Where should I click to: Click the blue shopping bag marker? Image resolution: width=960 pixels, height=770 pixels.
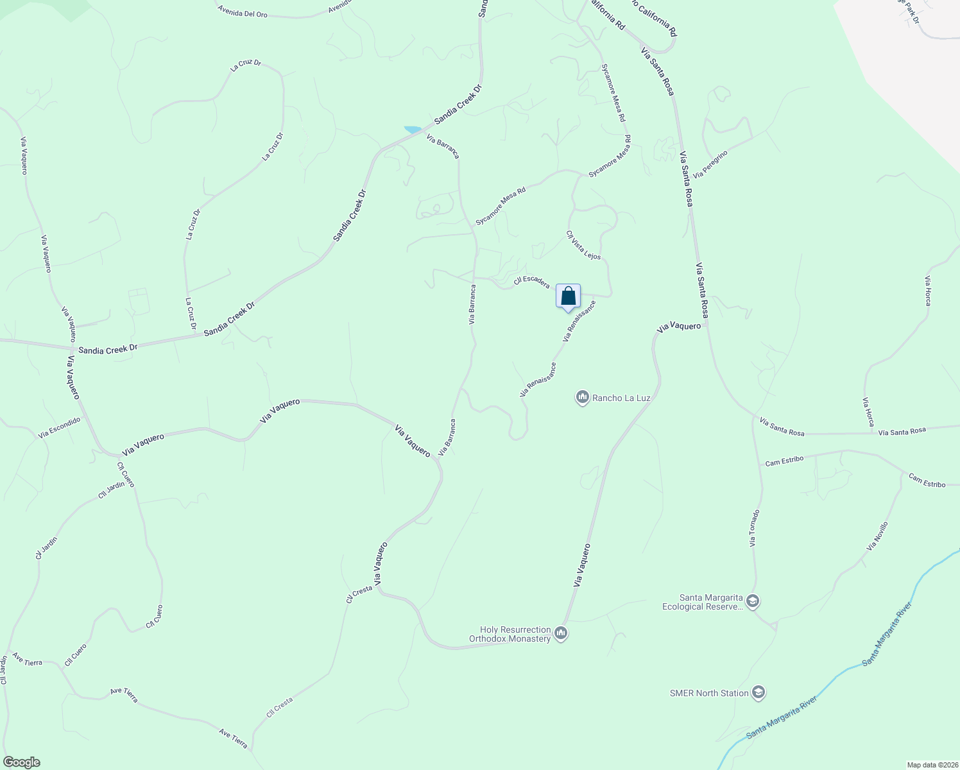[x=568, y=296]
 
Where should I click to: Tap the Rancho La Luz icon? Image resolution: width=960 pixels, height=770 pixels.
[x=582, y=398]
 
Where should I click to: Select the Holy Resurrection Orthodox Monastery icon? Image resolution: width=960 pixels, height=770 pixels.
[x=561, y=634]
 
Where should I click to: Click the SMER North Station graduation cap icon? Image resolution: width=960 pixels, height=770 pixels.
[x=759, y=693]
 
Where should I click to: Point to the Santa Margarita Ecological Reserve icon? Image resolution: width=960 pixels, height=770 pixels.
[x=753, y=602]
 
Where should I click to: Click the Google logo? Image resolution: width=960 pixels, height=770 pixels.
[x=21, y=762]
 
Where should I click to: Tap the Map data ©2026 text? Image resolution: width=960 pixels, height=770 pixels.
[x=931, y=765]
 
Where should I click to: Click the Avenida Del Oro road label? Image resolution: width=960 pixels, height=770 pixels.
[x=243, y=12]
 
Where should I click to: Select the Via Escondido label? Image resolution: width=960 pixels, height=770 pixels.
[x=59, y=427]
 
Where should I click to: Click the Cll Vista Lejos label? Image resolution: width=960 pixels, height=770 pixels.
[x=583, y=245]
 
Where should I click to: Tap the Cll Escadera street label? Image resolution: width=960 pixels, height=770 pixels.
[x=531, y=281]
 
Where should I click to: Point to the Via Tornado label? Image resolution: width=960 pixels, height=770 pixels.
[x=755, y=528]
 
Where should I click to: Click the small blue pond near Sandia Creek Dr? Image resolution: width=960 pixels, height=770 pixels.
[x=413, y=130]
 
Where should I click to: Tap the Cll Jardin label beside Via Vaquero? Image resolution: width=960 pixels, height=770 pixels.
[x=112, y=490]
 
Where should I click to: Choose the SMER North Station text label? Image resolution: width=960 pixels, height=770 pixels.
[x=709, y=693]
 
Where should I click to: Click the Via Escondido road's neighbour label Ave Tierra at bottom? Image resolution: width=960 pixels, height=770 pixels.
[x=233, y=738]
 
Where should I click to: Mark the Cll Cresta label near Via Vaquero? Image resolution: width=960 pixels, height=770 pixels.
[x=359, y=594]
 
